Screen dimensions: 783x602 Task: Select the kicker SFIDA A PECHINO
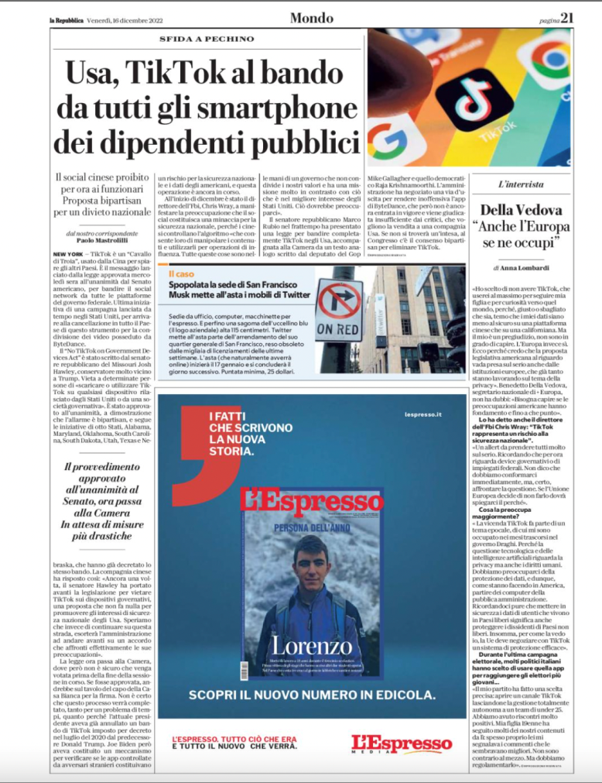click(207, 39)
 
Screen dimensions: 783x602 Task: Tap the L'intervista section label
click(521, 185)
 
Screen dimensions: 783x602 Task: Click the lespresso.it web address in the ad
click(422, 415)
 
